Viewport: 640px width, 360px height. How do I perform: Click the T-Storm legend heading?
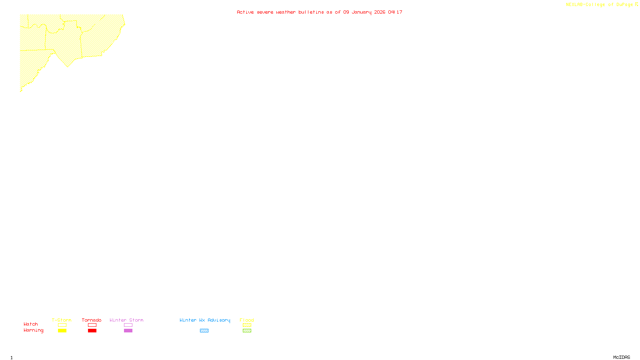point(62,320)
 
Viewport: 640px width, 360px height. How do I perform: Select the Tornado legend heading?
point(92,320)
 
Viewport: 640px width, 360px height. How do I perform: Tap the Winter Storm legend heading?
point(126,320)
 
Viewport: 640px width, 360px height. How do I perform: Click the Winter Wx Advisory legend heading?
point(205,320)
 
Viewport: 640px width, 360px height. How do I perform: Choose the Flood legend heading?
point(247,320)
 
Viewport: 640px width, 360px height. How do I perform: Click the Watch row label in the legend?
point(31,324)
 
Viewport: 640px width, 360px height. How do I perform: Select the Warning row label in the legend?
point(33,330)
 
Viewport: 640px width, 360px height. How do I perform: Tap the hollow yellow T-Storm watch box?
point(62,325)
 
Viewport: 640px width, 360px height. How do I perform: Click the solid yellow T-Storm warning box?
point(62,331)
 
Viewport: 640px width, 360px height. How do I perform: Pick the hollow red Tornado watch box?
point(92,325)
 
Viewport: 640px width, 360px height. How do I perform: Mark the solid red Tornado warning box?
point(92,331)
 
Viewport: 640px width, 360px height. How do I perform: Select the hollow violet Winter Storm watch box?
point(128,325)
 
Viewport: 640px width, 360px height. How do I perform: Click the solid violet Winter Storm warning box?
point(128,331)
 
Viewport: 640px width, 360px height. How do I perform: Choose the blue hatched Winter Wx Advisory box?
point(204,331)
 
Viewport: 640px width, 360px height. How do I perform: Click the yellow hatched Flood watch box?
point(247,325)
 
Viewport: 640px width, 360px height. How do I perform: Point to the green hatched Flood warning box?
point(247,331)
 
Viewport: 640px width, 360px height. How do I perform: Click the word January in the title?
point(362,12)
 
